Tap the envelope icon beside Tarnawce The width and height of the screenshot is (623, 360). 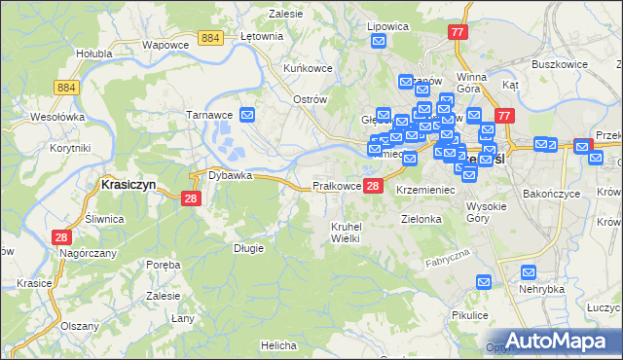(247, 115)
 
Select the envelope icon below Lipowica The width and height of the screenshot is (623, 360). (378, 41)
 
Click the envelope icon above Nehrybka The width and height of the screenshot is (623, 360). (530, 273)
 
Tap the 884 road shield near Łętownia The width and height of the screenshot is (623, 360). (209, 37)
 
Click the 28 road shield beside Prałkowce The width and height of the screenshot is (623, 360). (374, 186)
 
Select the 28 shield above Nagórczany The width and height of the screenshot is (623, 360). (61, 237)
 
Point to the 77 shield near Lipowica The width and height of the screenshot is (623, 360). (458, 32)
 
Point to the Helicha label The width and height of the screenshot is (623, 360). (278, 345)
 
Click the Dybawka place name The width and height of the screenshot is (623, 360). (230, 176)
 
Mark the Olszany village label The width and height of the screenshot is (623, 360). (78, 327)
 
